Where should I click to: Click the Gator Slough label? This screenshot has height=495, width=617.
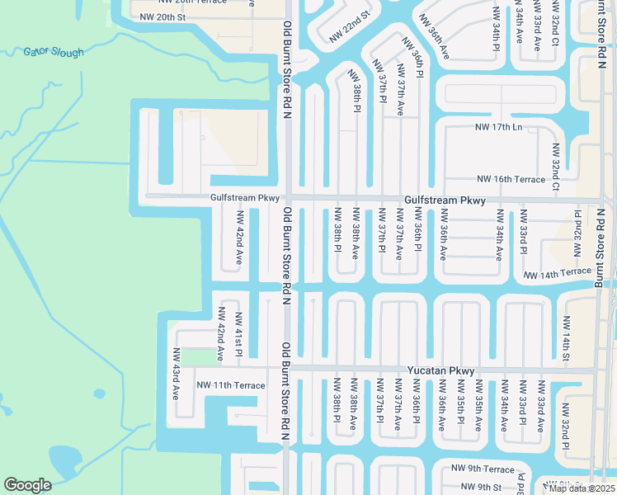[54, 53]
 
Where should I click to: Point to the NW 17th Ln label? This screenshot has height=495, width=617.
[499, 127]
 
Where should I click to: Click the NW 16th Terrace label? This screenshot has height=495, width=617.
[511, 179]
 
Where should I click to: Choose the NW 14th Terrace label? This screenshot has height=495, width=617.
[557, 273]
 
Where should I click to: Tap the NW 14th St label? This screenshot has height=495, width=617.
[567, 338]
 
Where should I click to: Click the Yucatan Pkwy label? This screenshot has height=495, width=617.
[441, 371]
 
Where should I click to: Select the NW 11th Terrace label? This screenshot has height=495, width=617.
[231, 385]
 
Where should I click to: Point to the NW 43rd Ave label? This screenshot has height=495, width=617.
[176, 374]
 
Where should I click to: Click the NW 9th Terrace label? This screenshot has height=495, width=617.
[483, 469]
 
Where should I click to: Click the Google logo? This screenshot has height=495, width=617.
[27, 485]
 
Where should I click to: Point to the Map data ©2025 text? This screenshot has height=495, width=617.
[582, 488]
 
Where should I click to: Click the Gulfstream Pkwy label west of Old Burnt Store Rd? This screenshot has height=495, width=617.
[246, 198]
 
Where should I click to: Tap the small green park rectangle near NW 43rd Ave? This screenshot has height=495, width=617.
[197, 356]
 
